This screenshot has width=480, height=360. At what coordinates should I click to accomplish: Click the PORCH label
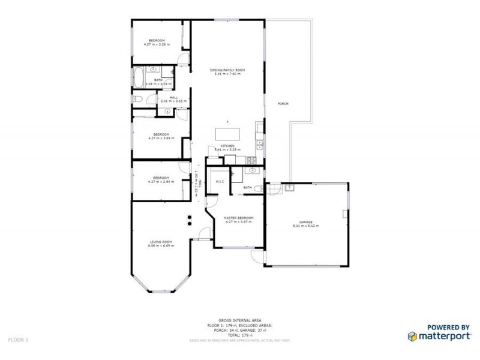pos(283,104)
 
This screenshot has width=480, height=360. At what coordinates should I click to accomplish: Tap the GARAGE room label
pos(306,222)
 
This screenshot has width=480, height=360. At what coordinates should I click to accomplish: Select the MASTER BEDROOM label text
pos(238,218)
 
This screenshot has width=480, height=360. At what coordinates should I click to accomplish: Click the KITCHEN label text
pos(227,146)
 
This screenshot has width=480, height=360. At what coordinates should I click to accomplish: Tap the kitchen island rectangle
pos(228,133)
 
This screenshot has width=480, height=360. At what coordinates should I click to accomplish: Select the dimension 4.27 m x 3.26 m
pos(157,44)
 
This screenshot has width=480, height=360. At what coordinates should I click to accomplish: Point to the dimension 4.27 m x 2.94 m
pos(161,181)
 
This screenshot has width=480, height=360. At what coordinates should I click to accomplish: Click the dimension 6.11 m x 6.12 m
pos(306,226)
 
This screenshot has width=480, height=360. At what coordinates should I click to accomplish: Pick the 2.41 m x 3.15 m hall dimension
pos(173,101)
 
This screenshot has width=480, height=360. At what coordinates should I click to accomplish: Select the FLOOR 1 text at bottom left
pos(18,340)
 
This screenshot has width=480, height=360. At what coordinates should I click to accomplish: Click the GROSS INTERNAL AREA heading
pos(241,322)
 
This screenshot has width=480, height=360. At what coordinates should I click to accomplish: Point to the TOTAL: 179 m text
pos(241,335)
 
